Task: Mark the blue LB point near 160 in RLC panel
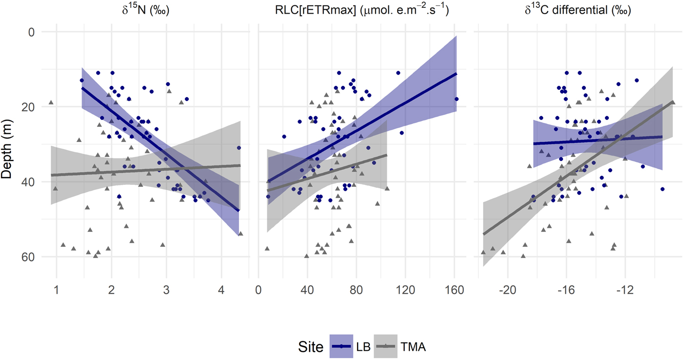coord(457,99)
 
